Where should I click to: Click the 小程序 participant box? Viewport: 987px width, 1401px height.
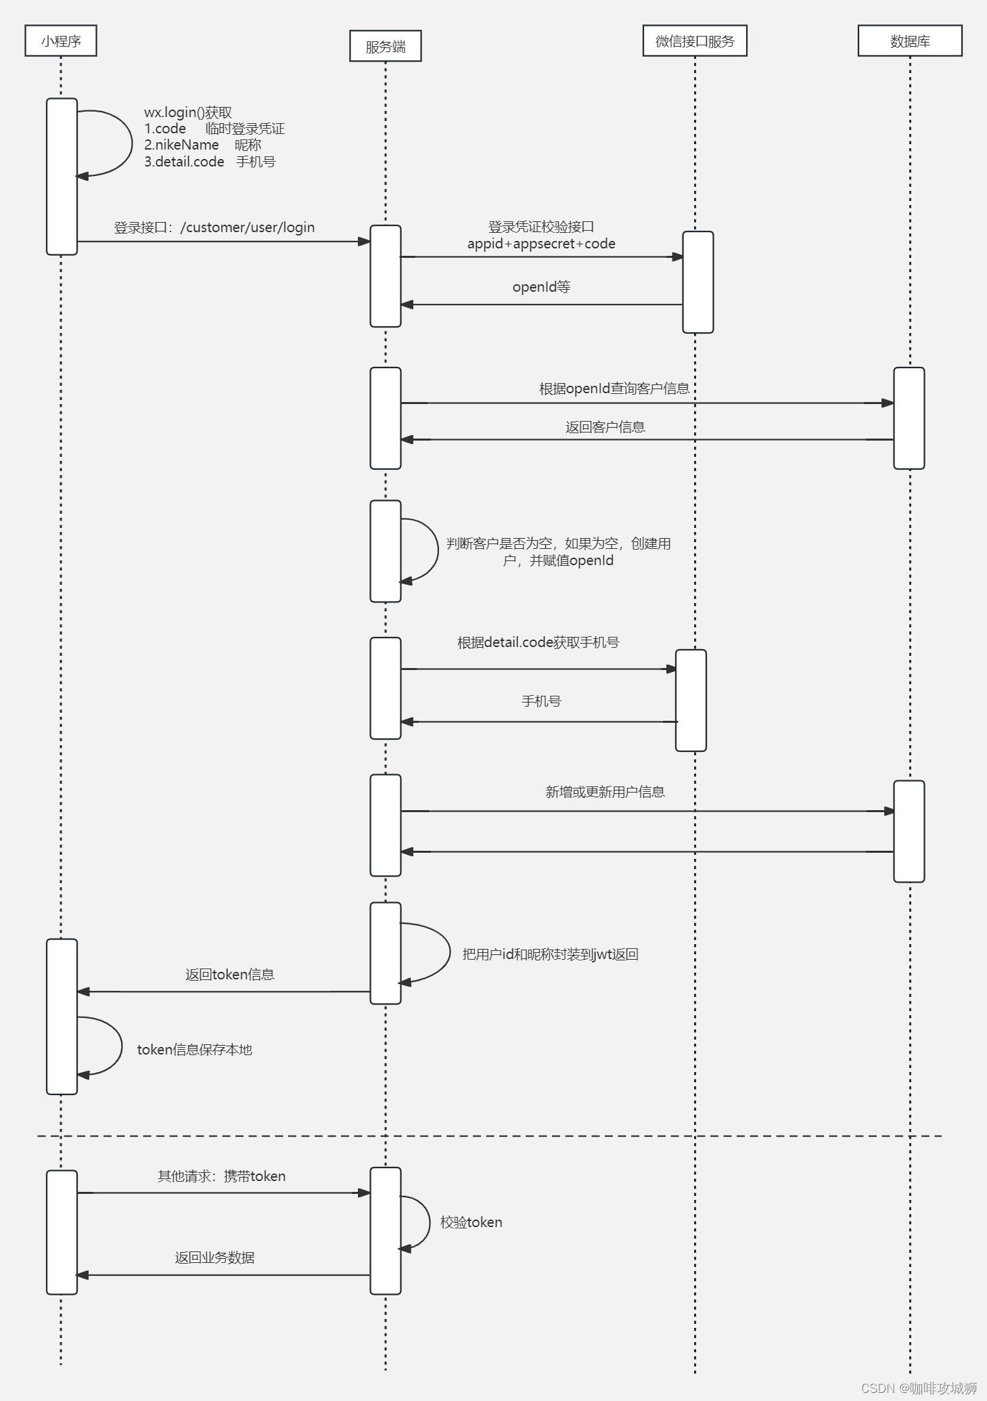point(61,41)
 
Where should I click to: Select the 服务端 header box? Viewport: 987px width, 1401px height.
point(385,46)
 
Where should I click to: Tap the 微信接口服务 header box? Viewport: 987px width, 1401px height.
point(695,41)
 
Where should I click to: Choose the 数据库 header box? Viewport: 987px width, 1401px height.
point(909,41)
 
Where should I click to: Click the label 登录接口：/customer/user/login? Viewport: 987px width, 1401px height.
point(214,227)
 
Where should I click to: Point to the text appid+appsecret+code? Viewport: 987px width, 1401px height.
point(541,244)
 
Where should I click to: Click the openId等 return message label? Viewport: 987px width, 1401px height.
point(541,287)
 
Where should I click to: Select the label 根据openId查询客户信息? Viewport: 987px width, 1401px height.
point(614,388)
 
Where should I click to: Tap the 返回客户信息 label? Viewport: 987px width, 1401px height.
point(605,427)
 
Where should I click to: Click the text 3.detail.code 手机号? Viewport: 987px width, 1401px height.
point(209,162)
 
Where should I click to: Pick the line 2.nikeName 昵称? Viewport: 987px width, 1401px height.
point(202,145)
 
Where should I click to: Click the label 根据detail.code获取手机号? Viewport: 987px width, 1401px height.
point(538,642)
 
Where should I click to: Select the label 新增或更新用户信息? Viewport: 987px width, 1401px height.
point(605,792)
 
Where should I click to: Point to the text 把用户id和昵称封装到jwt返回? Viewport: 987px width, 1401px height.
point(550,954)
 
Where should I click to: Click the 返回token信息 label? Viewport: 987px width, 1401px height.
point(229,975)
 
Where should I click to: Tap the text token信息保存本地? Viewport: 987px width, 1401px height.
point(194,1050)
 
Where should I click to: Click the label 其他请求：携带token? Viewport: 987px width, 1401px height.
point(221,1176)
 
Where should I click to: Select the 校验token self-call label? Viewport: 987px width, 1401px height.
point(471,1222)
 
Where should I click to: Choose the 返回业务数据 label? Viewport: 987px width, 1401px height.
point(214,1258)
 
